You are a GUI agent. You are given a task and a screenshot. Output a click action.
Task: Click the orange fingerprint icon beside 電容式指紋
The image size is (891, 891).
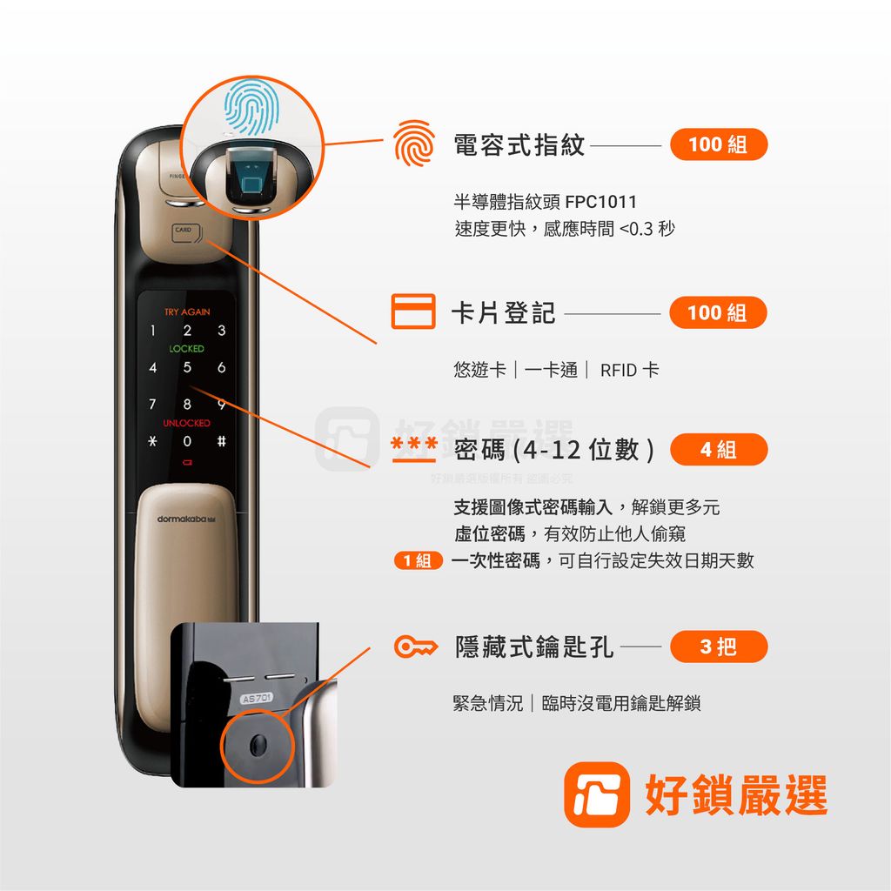[412, 145]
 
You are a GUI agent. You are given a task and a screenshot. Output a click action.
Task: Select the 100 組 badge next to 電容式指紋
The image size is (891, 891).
[718, 144]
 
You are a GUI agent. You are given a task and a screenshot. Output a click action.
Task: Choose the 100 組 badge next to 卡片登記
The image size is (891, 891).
[718, 312]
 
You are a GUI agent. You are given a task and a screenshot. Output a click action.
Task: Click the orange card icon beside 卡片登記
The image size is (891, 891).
[412, 312]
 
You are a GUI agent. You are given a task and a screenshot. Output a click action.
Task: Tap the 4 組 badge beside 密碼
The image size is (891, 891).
[718, 450]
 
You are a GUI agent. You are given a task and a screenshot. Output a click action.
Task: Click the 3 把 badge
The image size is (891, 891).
[718, 646]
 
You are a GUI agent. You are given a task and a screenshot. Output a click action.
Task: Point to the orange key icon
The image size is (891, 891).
[414, 647]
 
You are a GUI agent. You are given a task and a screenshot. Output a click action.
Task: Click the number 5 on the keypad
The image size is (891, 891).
[187, 368]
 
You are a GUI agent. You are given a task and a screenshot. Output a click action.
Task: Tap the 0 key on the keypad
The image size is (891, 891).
[187, 442]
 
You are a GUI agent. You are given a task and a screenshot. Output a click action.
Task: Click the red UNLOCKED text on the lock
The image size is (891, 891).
[187, 423]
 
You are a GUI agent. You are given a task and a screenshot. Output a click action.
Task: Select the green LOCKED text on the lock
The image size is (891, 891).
[187, 349]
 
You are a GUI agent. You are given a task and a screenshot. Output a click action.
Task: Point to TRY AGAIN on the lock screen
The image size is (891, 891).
[187, 312]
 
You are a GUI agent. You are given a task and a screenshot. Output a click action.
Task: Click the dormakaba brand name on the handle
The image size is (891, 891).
[185, 519]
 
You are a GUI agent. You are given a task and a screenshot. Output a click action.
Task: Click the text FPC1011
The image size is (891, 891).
[600, 203]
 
